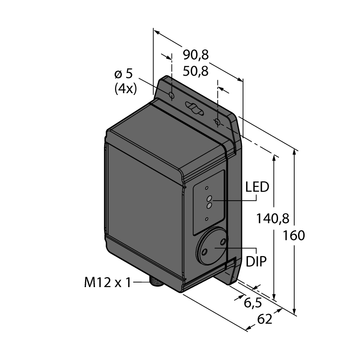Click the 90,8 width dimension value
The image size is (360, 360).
point(196,55)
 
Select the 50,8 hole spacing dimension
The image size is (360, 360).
point(196,72)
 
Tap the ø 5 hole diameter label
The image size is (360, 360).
point(123,74)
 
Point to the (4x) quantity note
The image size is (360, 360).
point(126,88)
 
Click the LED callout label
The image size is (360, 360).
point(257,187)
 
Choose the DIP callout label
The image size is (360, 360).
point(256,261)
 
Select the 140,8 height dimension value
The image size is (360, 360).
point(273,218)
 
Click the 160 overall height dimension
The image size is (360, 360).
point(294,235)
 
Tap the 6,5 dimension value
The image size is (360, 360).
point(252,303)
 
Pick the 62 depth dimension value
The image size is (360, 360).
point(265,319)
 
